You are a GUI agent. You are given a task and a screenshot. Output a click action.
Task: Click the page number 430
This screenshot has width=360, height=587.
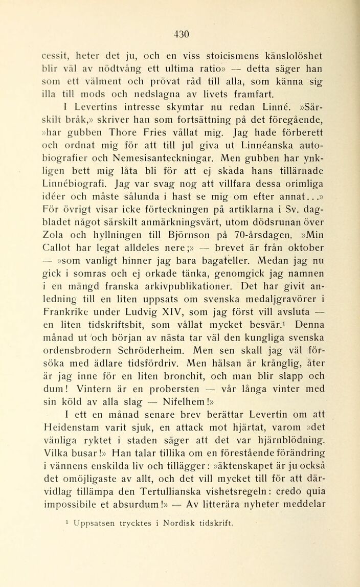(182, 34)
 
